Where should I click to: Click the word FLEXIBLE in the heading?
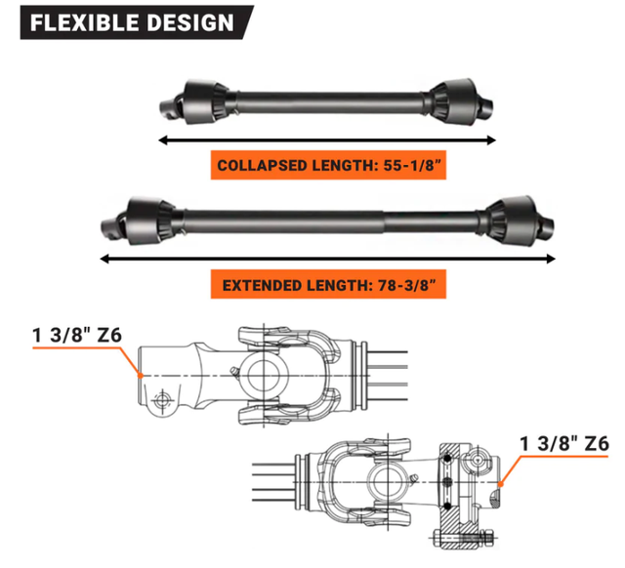[81, 21]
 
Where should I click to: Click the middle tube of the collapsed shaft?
[322, 100]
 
